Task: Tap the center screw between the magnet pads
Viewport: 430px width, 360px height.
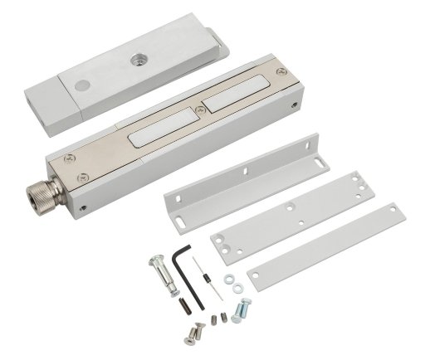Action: point(197,109)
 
